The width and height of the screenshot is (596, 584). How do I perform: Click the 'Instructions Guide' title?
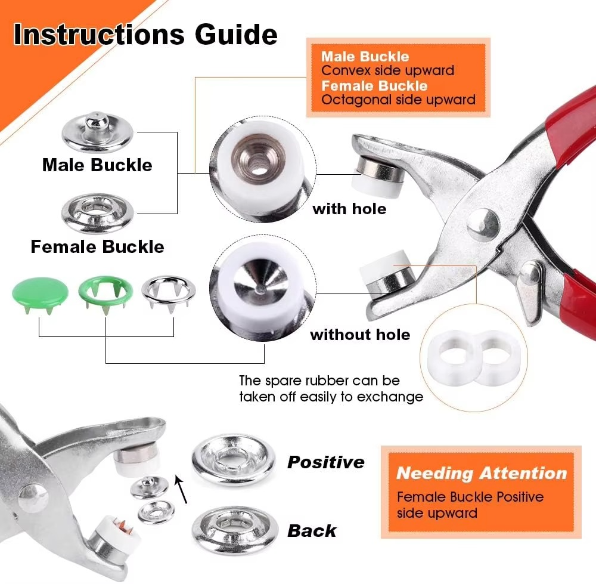[x=145, y=34]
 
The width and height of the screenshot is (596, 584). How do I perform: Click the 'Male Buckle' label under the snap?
[x=97, y=165]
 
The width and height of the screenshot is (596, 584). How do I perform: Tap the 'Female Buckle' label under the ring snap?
[x=97, y=246]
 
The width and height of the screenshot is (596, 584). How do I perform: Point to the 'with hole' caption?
[x=349, y=209]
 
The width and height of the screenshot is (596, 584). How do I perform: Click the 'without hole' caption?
[x=360, y=335]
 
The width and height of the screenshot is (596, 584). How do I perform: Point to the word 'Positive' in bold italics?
[x=325, y=462]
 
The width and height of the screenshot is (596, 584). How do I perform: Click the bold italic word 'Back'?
[x=312, y=530]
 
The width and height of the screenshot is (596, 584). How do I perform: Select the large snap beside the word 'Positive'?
[x=234, y=461]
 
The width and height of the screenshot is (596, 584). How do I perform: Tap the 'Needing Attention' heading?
[x=481, y=474]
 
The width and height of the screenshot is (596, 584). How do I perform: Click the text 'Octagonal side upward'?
[x=398, y=100]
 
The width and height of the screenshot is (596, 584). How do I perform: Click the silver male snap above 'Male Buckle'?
[x=97, y=132]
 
